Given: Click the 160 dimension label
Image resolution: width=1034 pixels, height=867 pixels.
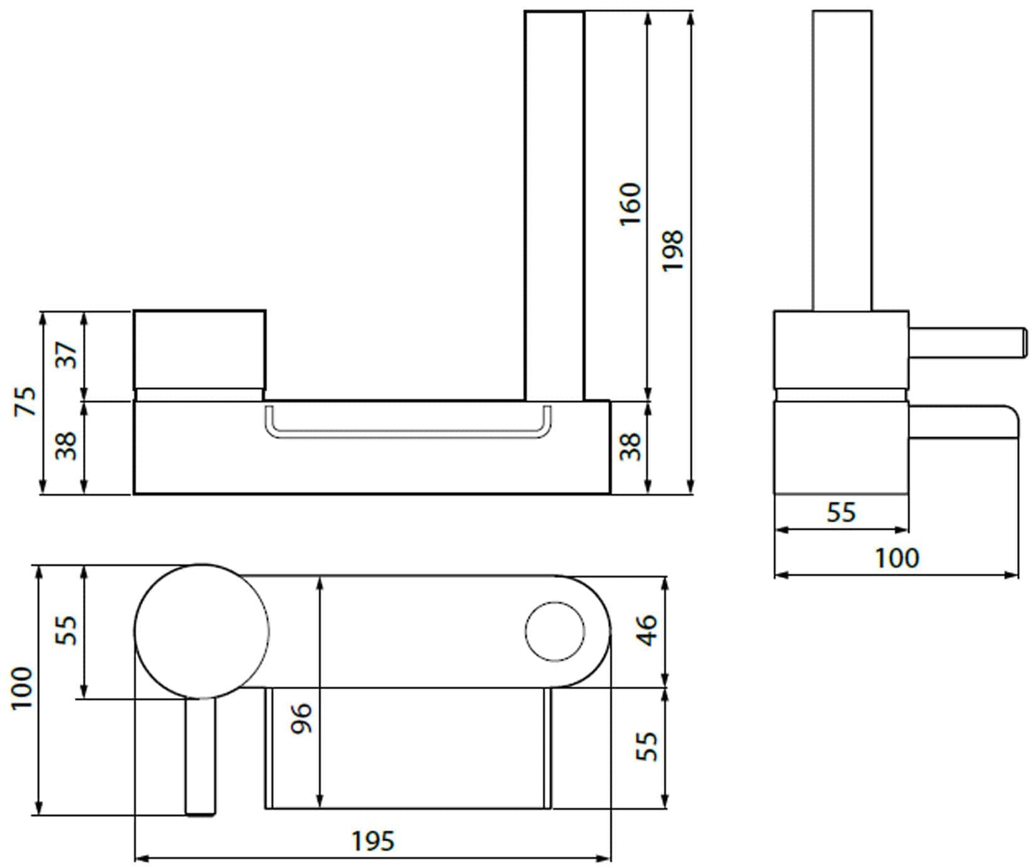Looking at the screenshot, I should coord(630,205).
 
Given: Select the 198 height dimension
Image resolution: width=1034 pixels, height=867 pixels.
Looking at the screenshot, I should coord(673,250).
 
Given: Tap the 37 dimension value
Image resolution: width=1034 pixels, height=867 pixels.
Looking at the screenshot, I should coord(67,355).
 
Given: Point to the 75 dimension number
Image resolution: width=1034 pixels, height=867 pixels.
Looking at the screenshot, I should coord(24,401).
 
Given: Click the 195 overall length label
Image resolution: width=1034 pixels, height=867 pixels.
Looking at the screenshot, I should coord(373,841).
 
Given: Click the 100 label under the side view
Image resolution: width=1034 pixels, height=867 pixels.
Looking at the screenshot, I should coord(897,557).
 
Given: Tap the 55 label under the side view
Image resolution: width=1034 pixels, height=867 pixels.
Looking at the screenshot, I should coord(841,512).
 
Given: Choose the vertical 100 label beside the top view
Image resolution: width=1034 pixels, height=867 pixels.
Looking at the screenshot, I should coord(22,688).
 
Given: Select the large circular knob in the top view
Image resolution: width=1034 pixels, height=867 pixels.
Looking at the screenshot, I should coord(203,630).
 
